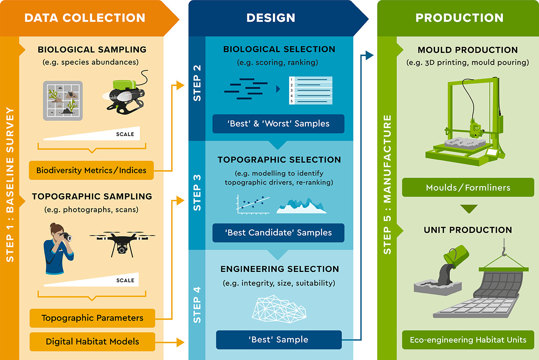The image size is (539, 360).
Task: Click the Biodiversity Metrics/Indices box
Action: click(91, 170)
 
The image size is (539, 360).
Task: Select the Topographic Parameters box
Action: click(92, 318)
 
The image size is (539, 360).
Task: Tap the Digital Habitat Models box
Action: click(92, 342)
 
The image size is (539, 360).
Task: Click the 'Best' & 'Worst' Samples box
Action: click(278, 124)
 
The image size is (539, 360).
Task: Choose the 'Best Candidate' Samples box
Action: click(278, 233)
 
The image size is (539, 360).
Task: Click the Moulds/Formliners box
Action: click(468, 188)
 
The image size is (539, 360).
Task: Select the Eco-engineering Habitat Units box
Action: click(468, 340)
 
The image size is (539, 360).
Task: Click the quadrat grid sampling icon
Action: click(63, 100)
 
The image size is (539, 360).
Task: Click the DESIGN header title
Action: click(271, 18)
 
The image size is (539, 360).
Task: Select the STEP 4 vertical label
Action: click(197, 305)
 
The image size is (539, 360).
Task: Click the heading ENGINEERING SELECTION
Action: click(279, 269)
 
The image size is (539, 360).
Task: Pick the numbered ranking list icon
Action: click(311, 90)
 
